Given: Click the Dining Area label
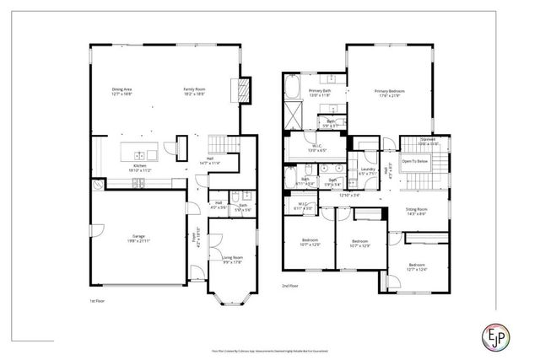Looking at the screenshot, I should [x=122, y=90].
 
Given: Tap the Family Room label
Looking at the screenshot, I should [x=196, y=90].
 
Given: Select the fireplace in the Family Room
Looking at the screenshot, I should [x=245, y=90].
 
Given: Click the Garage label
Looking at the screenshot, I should [x=131, y=239].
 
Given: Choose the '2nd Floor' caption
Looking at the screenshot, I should [x=290, y=287].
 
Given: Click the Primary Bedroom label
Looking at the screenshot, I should [x=390, y=92].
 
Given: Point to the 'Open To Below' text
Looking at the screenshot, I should [x=413, y=160].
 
